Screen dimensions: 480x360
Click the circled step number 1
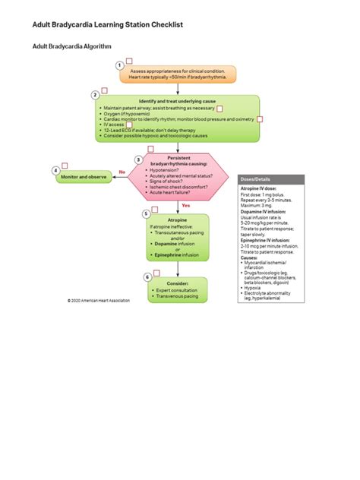pyautogui.click(x=120, y=65)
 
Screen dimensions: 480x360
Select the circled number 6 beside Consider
pyautogui.click(x=147, y=278)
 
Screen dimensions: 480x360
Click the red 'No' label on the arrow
pyautogui.click(x=122, y=172)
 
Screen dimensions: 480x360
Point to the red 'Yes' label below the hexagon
pyautogui.click(x=185, y=205)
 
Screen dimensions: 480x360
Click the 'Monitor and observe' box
pyautogui.click(x=84, y=176)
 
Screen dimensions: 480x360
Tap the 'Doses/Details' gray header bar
pyautogui.click(x=270, y=178)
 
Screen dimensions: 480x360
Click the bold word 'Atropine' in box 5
pyautogui.click(x=177, y=219)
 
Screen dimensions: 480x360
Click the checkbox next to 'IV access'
pyautogui.click(x=129, y=124)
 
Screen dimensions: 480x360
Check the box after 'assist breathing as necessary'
pyautogui.click(x=219, y=109)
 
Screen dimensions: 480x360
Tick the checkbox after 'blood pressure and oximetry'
pyautogui.click(x=259, y=119)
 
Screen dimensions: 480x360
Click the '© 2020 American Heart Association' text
pyautogui.click(x=98, y=300)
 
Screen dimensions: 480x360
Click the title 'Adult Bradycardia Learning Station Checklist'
pyautogui.click(x=107, y=25)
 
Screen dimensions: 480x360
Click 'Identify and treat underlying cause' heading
pyautogui.click(x=177, y=101)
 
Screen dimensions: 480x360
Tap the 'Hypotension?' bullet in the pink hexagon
pyautogui.click(x=168, y=170)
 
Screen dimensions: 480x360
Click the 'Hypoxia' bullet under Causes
pyautogui.click(x=254, y=289)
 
